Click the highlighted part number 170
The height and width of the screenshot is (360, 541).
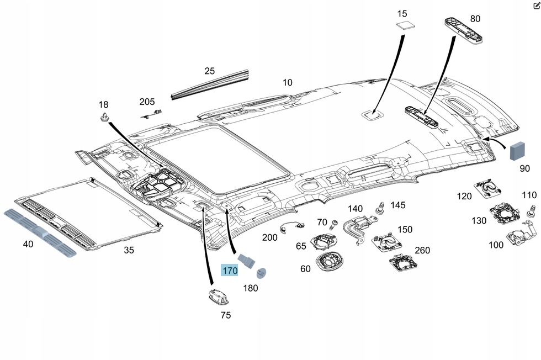[x=230, y=271]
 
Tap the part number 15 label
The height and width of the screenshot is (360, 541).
[x=402, y=13]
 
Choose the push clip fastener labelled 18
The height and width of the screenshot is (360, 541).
[x=104, y=117]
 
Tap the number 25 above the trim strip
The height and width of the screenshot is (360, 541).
[x=209, y=71]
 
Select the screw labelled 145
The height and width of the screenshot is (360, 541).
[x=380, y=209]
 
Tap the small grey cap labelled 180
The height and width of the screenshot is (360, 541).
[x=261, y=272]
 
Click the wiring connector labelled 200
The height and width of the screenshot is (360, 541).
[x=292, y=225]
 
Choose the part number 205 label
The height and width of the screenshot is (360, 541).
[x=147, y=102]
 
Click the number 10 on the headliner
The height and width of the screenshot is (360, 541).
[x=288, y=83]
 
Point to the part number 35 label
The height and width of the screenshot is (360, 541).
[x=129, y=250]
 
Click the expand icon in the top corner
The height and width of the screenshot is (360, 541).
[x=536, y=5]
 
